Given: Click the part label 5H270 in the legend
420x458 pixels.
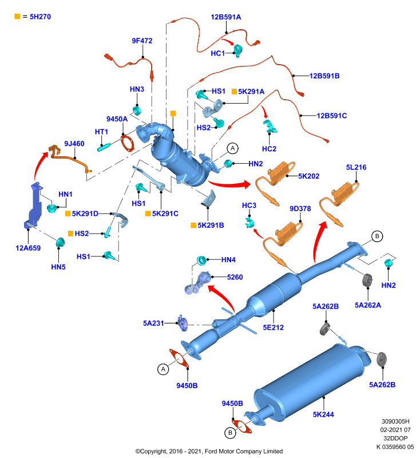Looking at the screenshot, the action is point(40,17).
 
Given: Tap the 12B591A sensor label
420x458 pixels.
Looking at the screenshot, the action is point(226,17).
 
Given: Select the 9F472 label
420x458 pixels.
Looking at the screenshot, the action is point(142,41).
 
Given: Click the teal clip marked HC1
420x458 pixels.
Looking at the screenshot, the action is point(238,51).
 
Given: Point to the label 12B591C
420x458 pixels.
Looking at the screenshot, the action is point(332,116).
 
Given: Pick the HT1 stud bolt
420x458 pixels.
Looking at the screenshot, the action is point(104,147).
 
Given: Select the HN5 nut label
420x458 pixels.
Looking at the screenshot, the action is point(58,267).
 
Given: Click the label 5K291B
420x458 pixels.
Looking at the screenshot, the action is point(211,225).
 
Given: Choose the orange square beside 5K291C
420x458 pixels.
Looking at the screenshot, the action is point(148,214).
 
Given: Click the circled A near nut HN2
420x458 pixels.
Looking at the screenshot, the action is point(233,148).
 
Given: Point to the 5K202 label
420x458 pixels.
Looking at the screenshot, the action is point(309,176).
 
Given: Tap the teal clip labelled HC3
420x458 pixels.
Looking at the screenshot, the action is point(249,223).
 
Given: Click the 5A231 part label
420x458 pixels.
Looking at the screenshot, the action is point(153,323).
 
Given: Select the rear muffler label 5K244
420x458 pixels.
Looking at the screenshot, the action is point(323,414).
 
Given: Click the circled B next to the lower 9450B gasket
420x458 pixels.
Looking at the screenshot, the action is point(230,433).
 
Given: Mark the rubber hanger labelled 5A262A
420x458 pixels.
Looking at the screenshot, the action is point(367,281).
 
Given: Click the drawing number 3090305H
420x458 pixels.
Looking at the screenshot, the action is point(395,421).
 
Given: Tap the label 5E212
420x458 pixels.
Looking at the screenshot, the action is point(273,327).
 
